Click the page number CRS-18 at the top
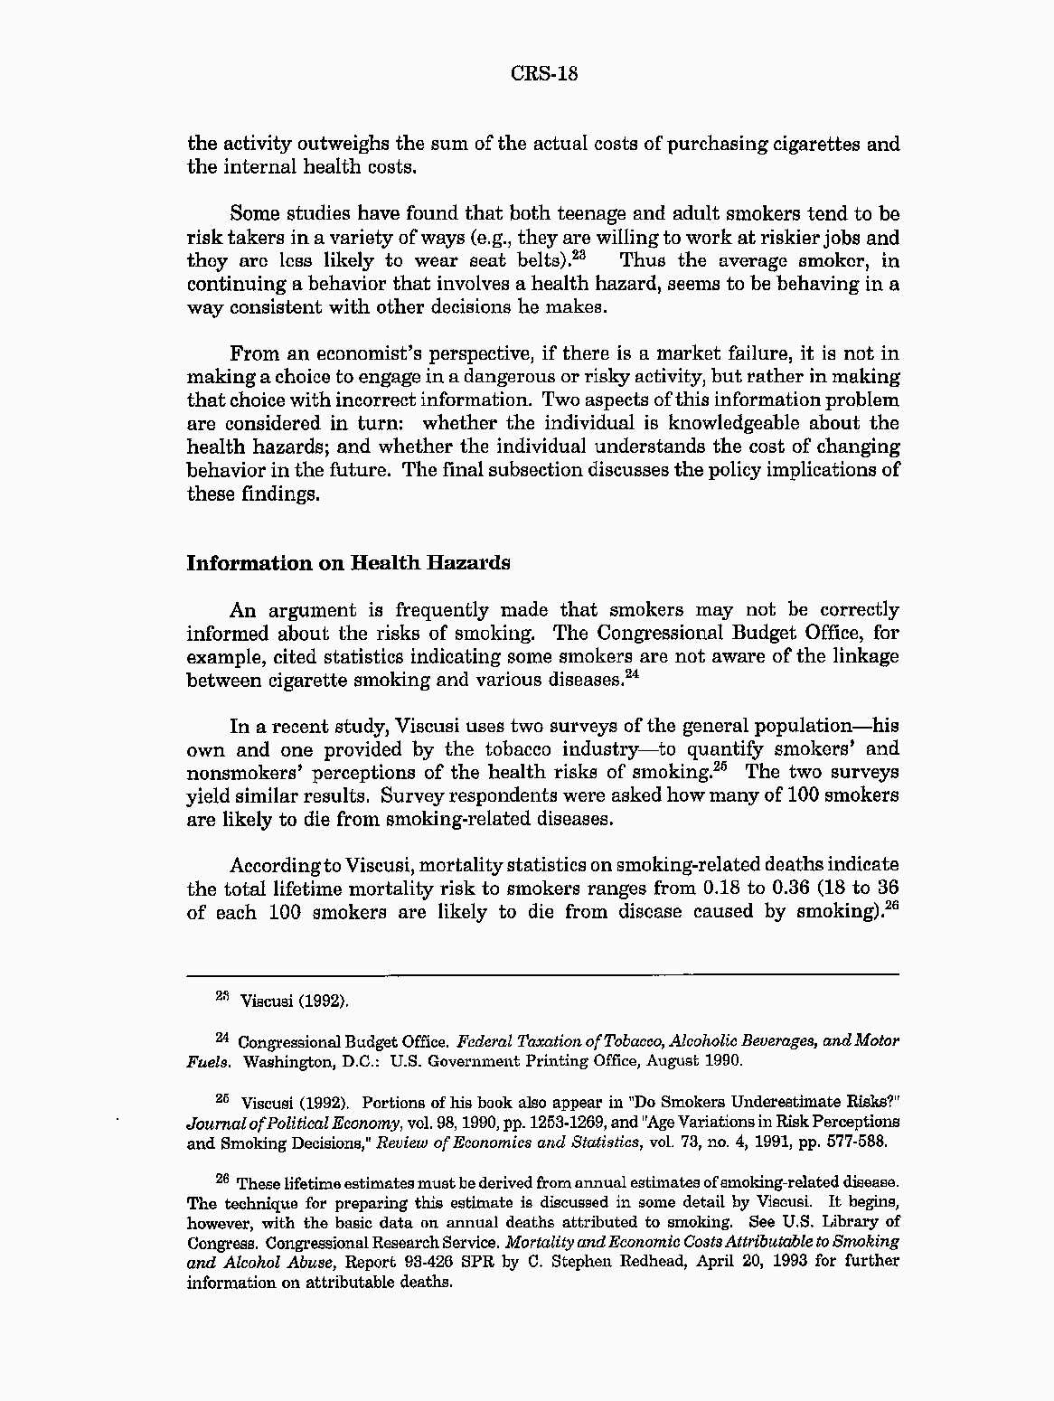[x=544, y=73]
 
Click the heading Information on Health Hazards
[x=348, y=563]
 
